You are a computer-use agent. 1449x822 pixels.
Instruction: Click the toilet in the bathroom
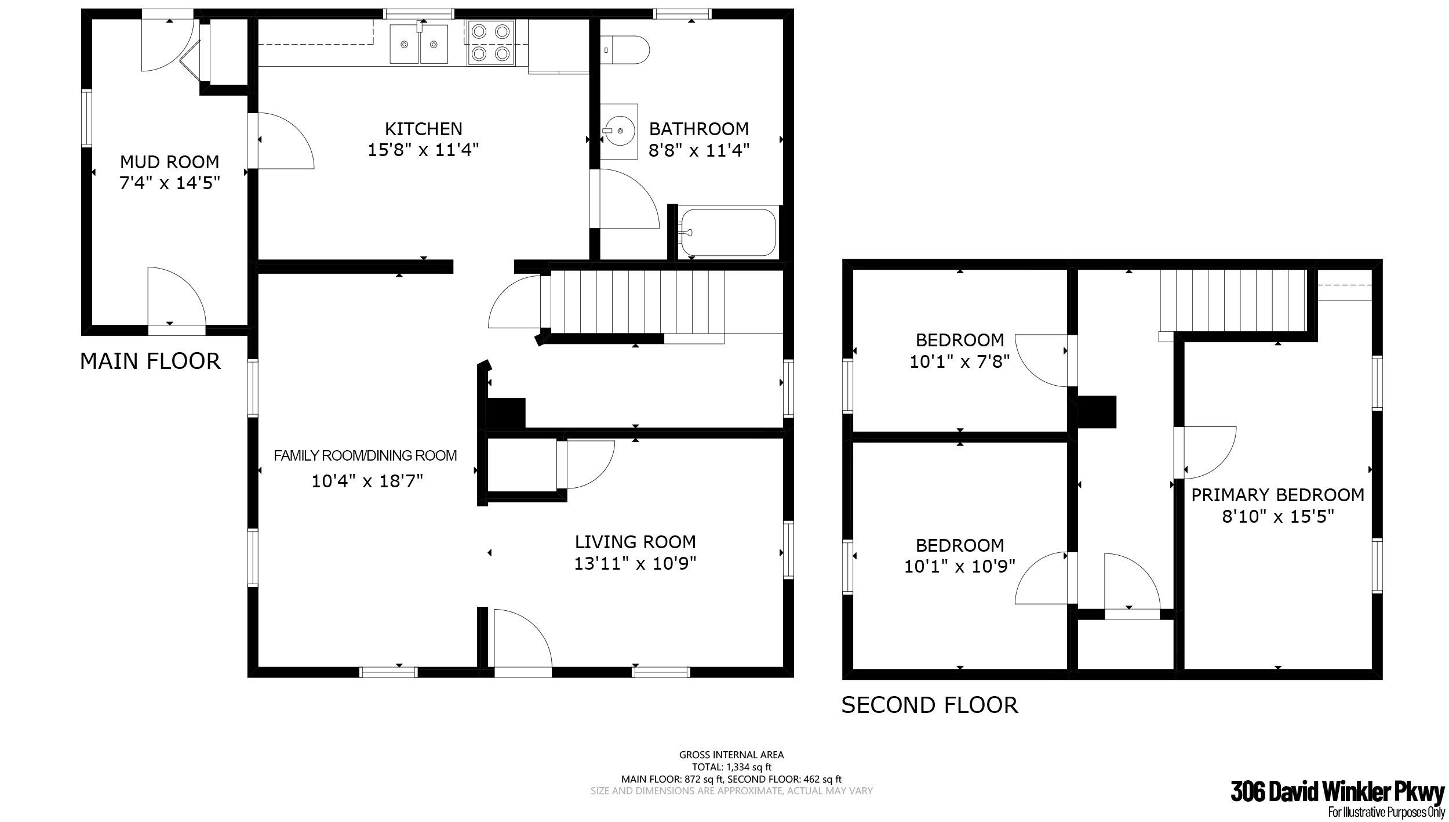624,50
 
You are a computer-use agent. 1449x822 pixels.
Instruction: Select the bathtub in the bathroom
728,232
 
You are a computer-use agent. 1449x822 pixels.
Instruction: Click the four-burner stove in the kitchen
491,42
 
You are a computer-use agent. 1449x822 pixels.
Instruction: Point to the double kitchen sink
418,44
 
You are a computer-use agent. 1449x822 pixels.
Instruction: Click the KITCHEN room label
424,129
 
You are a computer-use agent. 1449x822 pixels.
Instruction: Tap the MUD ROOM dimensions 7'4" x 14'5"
170,183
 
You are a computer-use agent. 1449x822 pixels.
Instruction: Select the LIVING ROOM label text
635,542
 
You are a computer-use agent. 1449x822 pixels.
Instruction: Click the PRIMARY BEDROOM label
1277,495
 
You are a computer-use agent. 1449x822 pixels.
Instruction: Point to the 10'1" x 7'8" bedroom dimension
960,362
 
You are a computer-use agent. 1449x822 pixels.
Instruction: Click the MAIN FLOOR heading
150,361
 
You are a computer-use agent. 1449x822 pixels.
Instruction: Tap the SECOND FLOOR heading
930,705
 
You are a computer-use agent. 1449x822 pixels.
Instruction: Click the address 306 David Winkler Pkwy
1337,792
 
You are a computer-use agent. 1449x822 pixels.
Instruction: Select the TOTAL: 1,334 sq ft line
731,767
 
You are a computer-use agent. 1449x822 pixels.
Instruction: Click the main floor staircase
632,303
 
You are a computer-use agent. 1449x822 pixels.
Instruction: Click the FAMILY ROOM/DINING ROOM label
365,456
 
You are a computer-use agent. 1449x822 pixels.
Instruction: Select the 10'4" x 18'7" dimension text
367,481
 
